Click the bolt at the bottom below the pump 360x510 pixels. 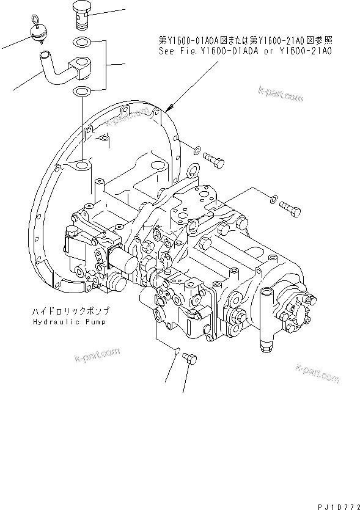pyautogui.click(x=187, y=360)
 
